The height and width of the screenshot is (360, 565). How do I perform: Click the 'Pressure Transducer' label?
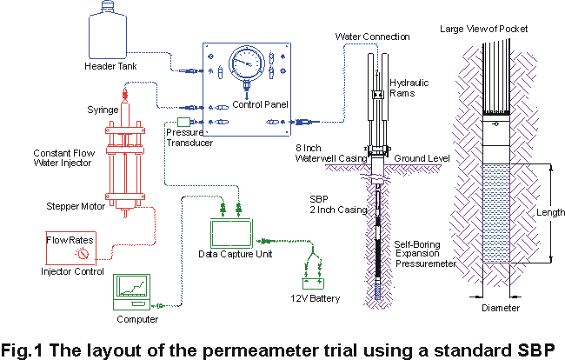click(183, 137)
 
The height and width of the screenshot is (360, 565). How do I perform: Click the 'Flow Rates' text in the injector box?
click(70, 238)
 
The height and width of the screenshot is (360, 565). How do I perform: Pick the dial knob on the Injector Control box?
click(84, 255)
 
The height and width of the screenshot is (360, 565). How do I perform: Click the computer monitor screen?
click(131, 288)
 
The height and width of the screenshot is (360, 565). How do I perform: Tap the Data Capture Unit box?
click(231, 233)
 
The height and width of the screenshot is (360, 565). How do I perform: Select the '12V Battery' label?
click(315, 300)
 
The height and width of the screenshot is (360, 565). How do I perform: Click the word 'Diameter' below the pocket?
click(501, 307)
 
